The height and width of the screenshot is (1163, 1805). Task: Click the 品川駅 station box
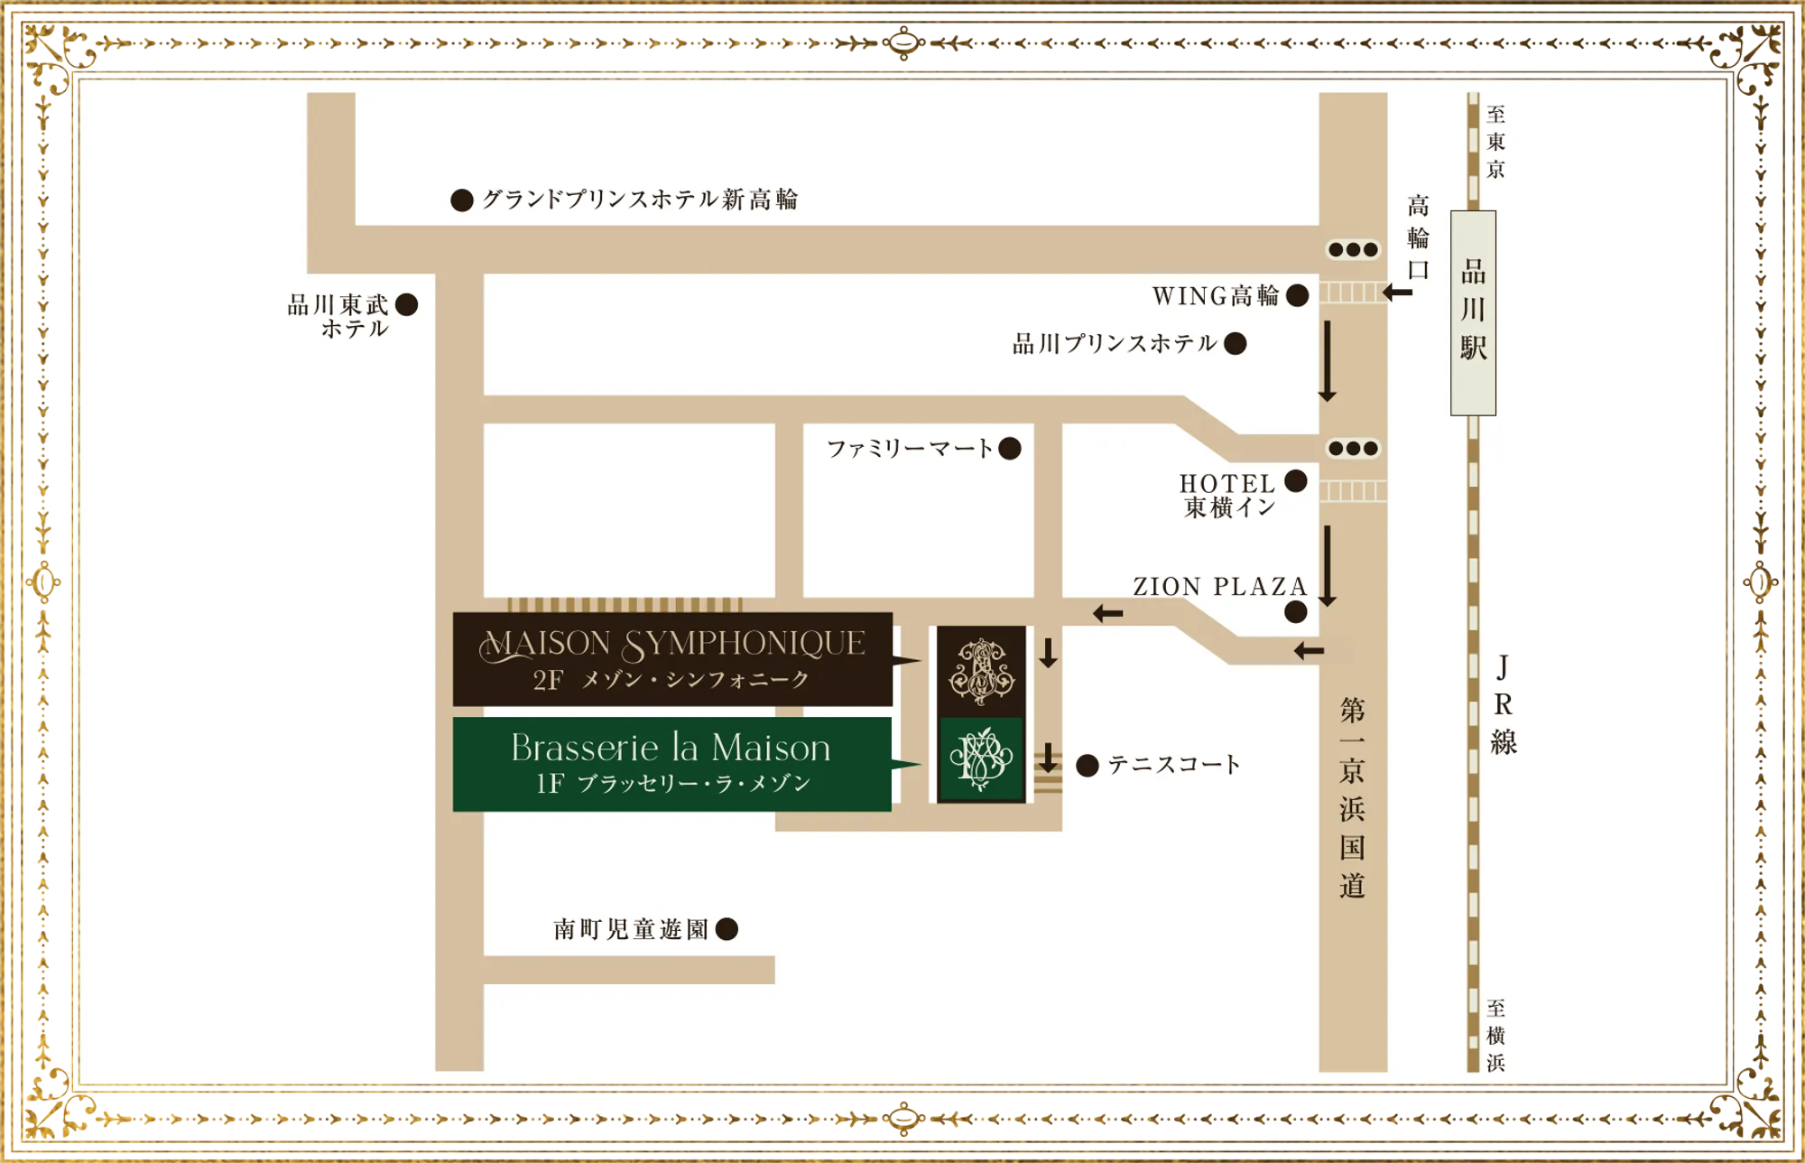click(x=1473, y=312)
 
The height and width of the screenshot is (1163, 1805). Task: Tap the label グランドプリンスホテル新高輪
click(x=640, y=200)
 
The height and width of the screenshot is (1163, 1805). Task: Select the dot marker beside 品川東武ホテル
click(x=407, y=304)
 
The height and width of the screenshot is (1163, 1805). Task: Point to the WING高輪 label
click(x=1216, y=295)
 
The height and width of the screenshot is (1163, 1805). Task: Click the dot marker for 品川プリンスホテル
click(x=1236, y=343)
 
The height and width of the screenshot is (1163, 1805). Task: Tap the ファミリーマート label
click(x=910, y=448)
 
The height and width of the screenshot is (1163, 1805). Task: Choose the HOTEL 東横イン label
click(x=1228, y=496)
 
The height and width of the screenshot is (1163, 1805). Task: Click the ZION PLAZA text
click(x=1220, y=587)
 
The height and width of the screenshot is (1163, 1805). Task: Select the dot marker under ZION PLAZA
click(x=1295, y=612)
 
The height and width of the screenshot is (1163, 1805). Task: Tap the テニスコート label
click(x=1174, y=765)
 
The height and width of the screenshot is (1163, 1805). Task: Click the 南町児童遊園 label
click(x=631, y=929)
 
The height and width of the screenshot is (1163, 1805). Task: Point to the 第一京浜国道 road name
click(x=1352, y=797)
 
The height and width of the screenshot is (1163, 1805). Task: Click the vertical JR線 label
click(x=1503, y=704)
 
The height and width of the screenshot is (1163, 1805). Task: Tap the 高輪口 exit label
click(x=1419, y=237)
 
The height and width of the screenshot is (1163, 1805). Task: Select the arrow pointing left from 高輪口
click(x=1397, y=293)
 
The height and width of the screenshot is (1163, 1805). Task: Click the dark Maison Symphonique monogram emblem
click(x=981, y=671)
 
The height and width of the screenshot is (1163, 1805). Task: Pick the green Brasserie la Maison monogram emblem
click(x=981, y=759)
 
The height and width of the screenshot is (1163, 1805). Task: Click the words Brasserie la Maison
click(x=671, y=749)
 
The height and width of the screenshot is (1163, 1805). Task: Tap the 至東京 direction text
click(x=1495, y=142)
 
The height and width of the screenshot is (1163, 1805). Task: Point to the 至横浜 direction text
click(x=1495, y=1035)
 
